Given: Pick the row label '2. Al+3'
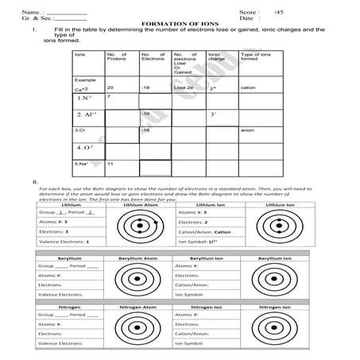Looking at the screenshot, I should [x=87, y=114].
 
